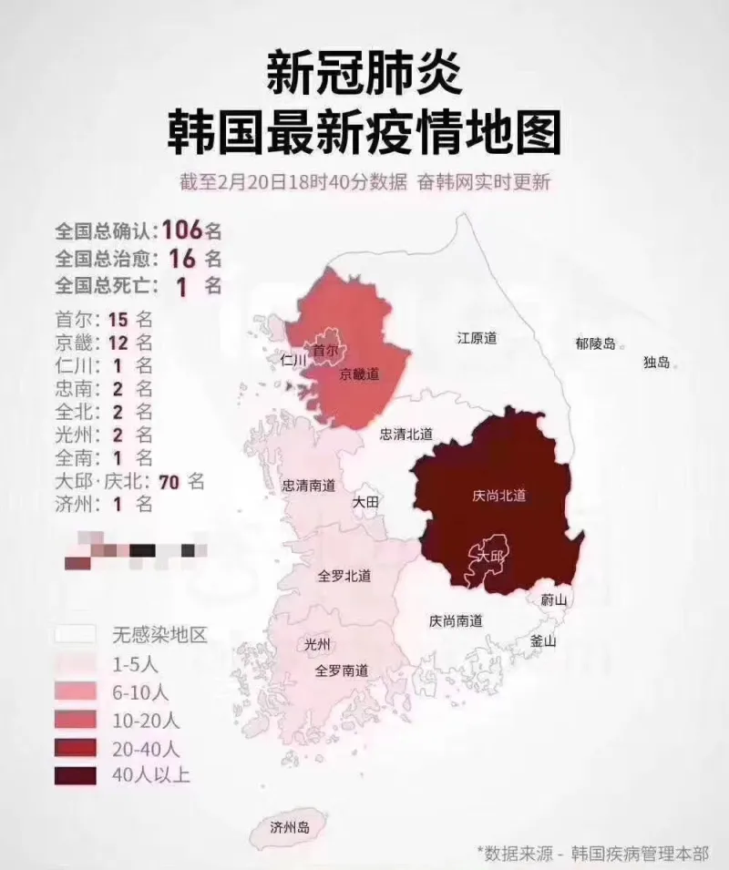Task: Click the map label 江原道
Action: [477, 339]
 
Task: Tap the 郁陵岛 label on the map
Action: [596, 344]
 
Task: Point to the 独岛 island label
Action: [657, 362]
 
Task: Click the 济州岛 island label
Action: [290, 827]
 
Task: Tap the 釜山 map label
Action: [543, 640]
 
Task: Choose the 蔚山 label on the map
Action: [553, 600]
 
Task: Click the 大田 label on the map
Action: [366, 502]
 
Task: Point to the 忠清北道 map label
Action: [406, 435]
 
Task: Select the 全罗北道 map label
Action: [344, 576]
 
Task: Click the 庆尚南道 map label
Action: [456, 621]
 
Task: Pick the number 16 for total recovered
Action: [182, 258]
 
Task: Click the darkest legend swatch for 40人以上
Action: [74, 775]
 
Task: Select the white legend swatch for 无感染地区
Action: [74, 634]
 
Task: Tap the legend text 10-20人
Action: [146, 720]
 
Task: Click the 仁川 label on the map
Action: [294, 360]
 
